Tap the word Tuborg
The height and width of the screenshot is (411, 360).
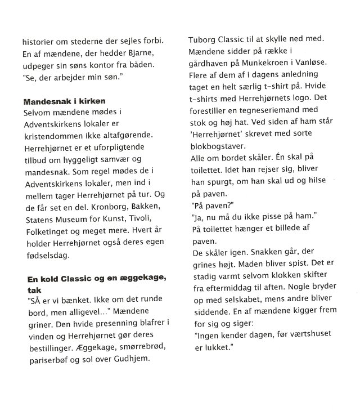click(206, 40)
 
